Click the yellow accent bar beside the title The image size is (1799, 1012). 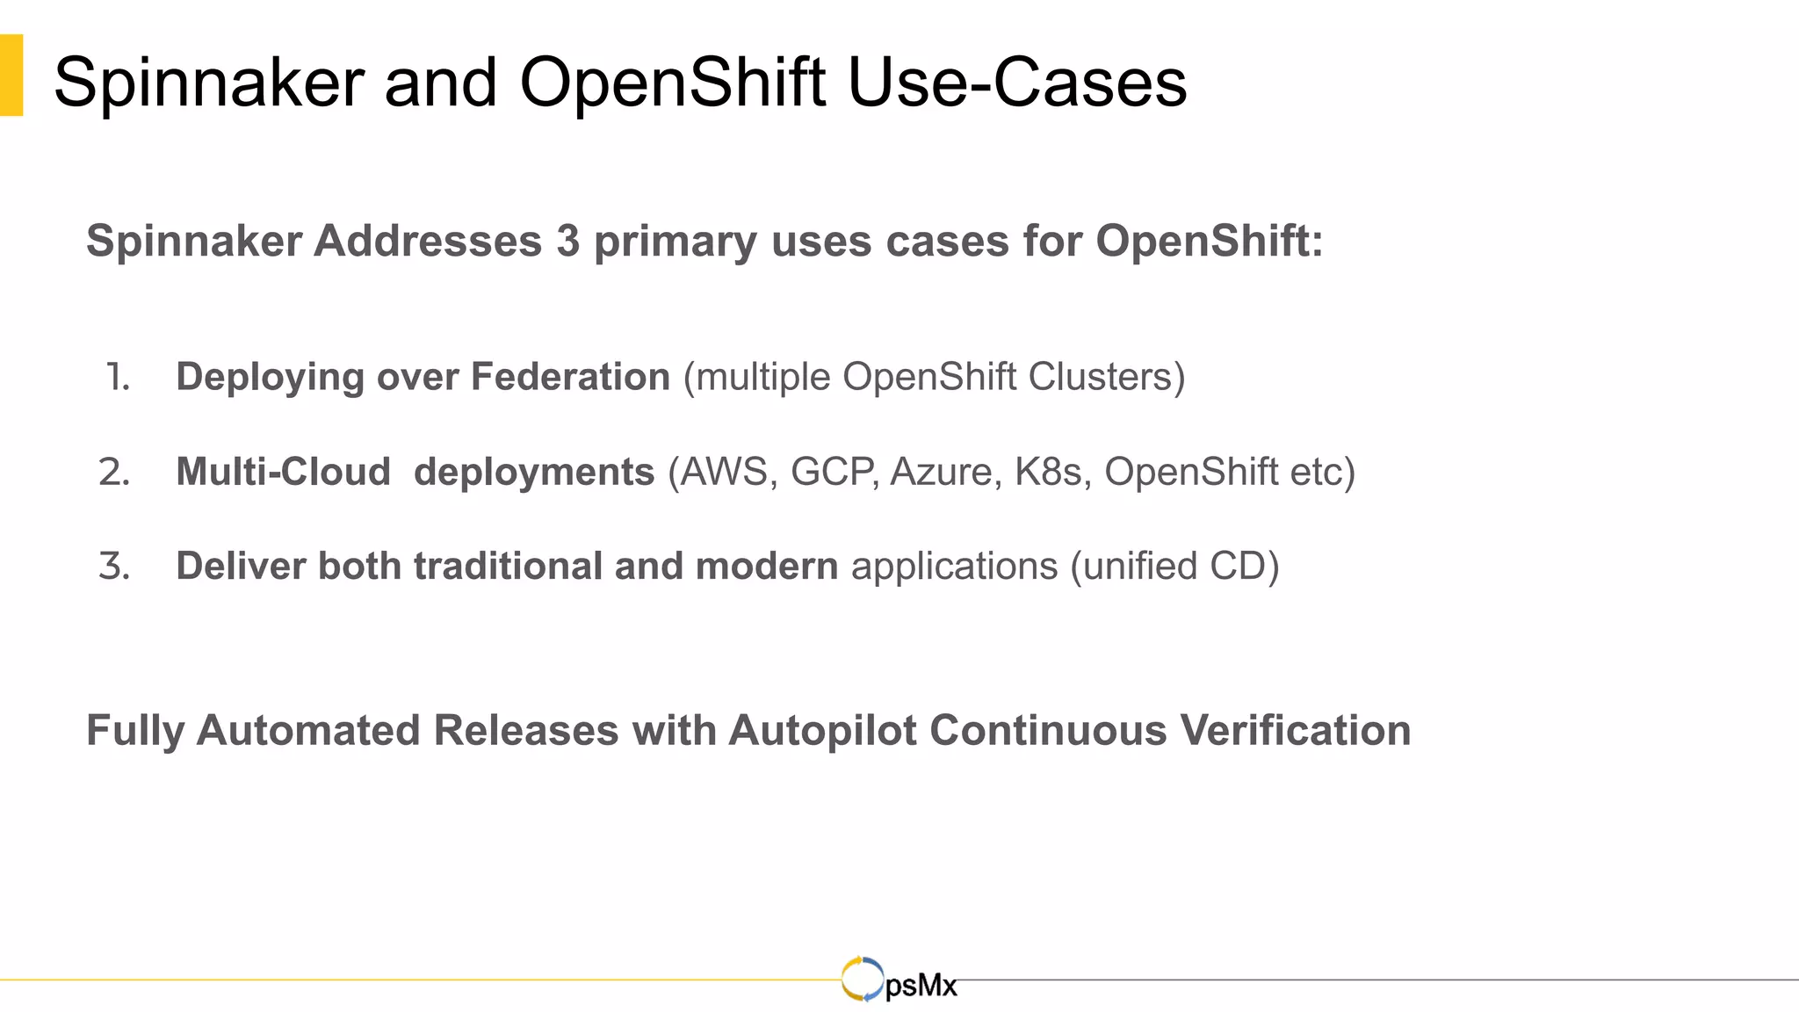pos(11,76)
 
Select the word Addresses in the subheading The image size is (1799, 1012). pos(428,241)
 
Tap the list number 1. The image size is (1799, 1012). pos(118,377)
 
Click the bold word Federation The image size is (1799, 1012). pos(570,377)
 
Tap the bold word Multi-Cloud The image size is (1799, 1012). pos(283,472)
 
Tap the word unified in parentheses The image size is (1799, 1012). pos(1139,566)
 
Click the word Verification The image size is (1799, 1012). pos(1295,730)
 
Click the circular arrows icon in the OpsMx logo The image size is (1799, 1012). pos(862,979)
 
